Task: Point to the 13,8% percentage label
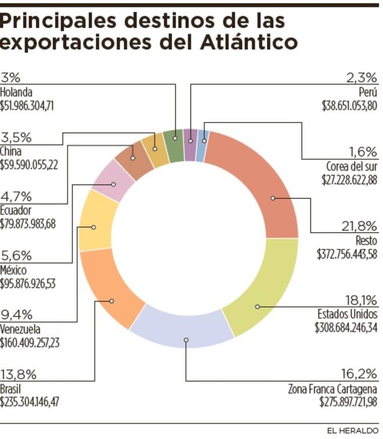click(18, 373)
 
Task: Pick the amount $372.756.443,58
click(347, 254)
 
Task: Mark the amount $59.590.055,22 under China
click(28, 164)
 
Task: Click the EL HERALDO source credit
click(352, 431)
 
